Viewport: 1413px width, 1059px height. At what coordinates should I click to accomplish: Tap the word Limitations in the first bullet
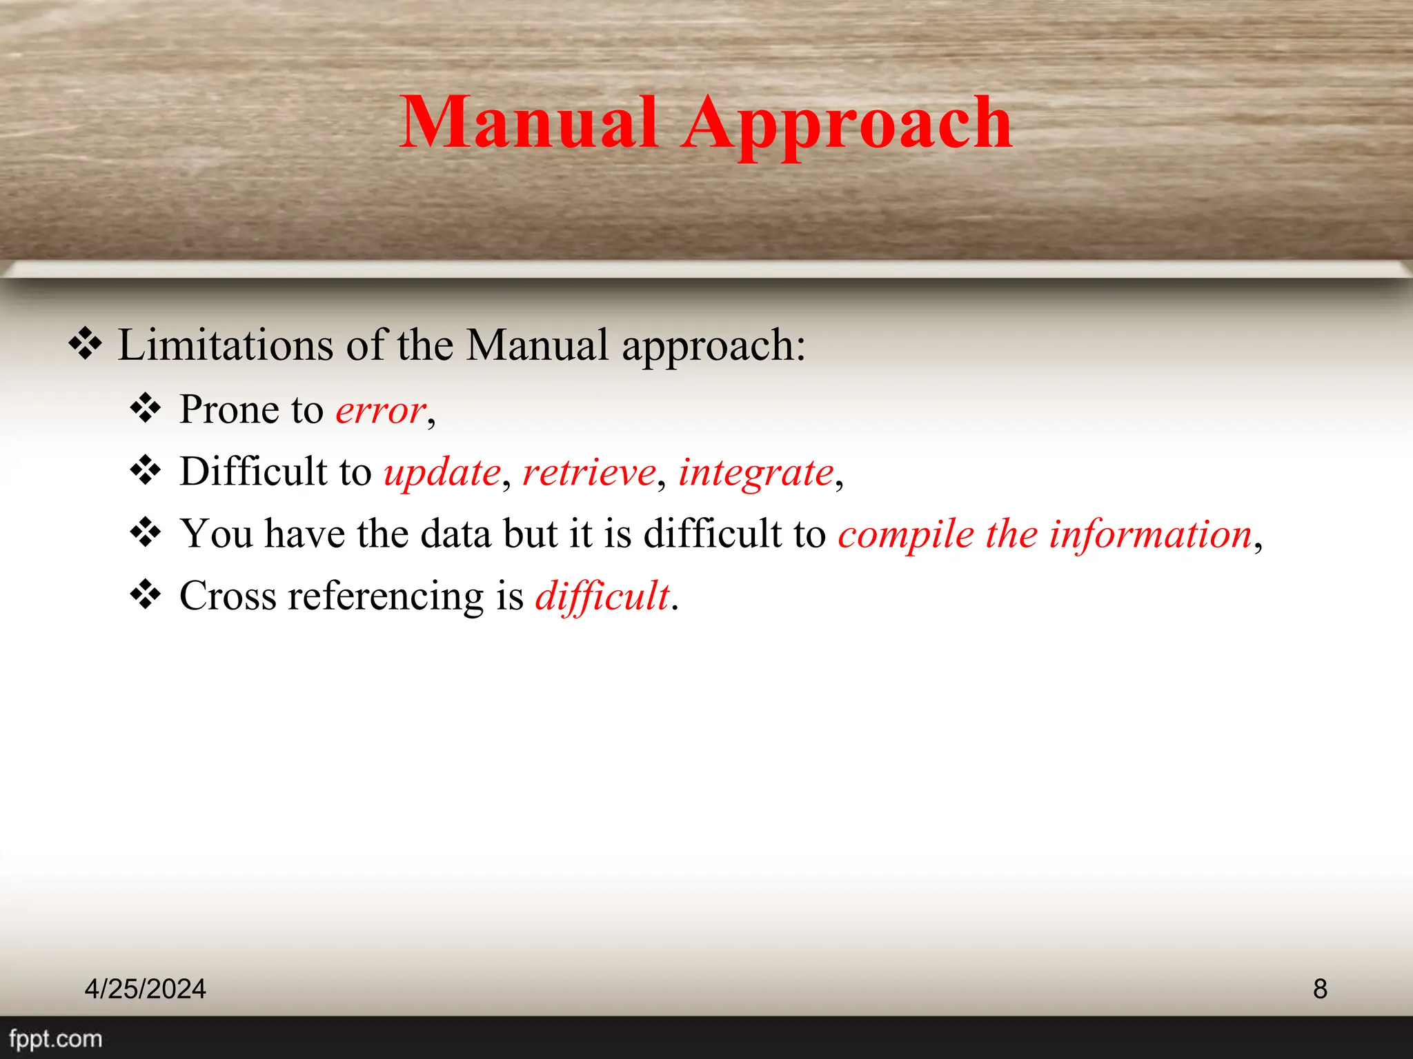pos(225,345)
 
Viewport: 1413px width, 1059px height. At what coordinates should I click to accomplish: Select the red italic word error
pos(380,411)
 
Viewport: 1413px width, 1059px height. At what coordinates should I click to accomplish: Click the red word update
pos(442,474)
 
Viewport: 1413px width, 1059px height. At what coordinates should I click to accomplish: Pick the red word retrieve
pos(589,473)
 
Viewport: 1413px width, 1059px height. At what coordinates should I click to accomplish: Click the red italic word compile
pos(906,536)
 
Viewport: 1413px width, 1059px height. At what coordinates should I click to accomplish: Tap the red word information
pos(1150,534)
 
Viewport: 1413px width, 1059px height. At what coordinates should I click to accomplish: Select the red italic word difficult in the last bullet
pos(602,596)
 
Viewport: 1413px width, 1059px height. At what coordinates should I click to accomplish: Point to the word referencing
pos(386,597)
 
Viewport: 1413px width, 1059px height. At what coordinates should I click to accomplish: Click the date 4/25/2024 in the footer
pos(145,989)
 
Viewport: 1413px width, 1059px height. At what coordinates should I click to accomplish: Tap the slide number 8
pos(1320,989)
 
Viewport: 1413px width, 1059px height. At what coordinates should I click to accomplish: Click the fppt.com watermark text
pos(55,1038)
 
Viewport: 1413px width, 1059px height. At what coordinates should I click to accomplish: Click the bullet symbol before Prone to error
pos(146,408)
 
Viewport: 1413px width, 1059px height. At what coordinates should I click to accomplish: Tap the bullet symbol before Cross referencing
pos(146,594)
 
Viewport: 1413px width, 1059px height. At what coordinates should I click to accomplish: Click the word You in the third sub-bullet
pos(216,534)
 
